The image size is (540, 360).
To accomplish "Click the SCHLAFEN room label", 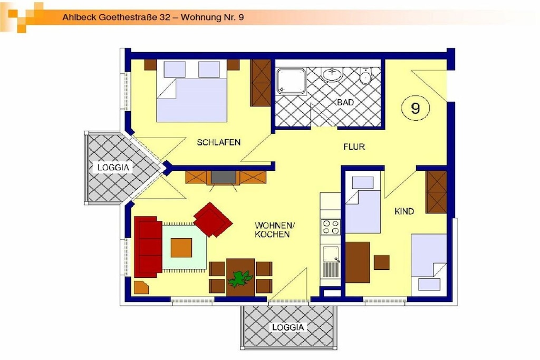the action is pyautogui.click(x=219, y=142).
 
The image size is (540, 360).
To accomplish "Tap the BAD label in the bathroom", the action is pyautogui.click(x=345, y=102).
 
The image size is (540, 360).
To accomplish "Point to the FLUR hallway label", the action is pyautogui.click(x=354, y=147).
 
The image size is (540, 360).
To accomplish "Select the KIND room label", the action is pyautogui.click(x=404, y=211).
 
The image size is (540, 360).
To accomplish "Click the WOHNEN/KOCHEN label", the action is pyautogui.click(x=275, y=230).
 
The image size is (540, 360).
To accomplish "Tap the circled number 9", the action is pyautogui.click(x=416, y=108).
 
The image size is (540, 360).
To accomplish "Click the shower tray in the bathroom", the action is pyautogui.click(x=291, y=81).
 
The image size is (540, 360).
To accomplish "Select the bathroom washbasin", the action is pyautogui.click(x=332, y=74).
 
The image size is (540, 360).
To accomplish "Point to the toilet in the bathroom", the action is pyautogui.click(x=365, y=76).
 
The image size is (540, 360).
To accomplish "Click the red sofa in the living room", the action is pyautogui.click(x=148, y=247).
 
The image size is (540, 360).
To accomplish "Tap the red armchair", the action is pyautogui.click(x=213, y=220).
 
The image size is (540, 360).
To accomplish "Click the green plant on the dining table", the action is pyautogui.click(x=240, y=278).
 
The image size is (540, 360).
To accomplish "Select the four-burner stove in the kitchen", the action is pyautogui.click(x=331, y=227).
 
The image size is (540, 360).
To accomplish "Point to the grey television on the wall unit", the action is pyautogui.click(x=224, y=177).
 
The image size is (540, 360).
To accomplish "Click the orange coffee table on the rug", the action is pyautogui.click(x=181, y=248).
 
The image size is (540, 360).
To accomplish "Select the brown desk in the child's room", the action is pyautogui.click(x=358, y=262).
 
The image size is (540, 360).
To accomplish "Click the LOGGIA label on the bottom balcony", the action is pyautogui.click(x=288, y=327).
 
